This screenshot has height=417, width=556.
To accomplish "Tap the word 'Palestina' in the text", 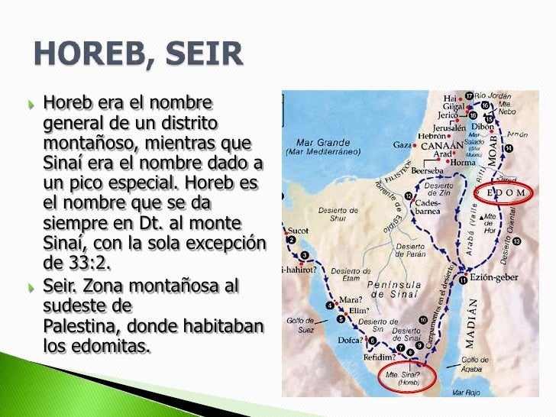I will click(x=79, y=327).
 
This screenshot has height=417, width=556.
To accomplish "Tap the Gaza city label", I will click(x=402, y=144).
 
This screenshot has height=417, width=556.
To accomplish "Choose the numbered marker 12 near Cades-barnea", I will click(x=409, y=196).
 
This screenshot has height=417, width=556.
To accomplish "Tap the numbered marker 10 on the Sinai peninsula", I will click(x=422, y=319).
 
